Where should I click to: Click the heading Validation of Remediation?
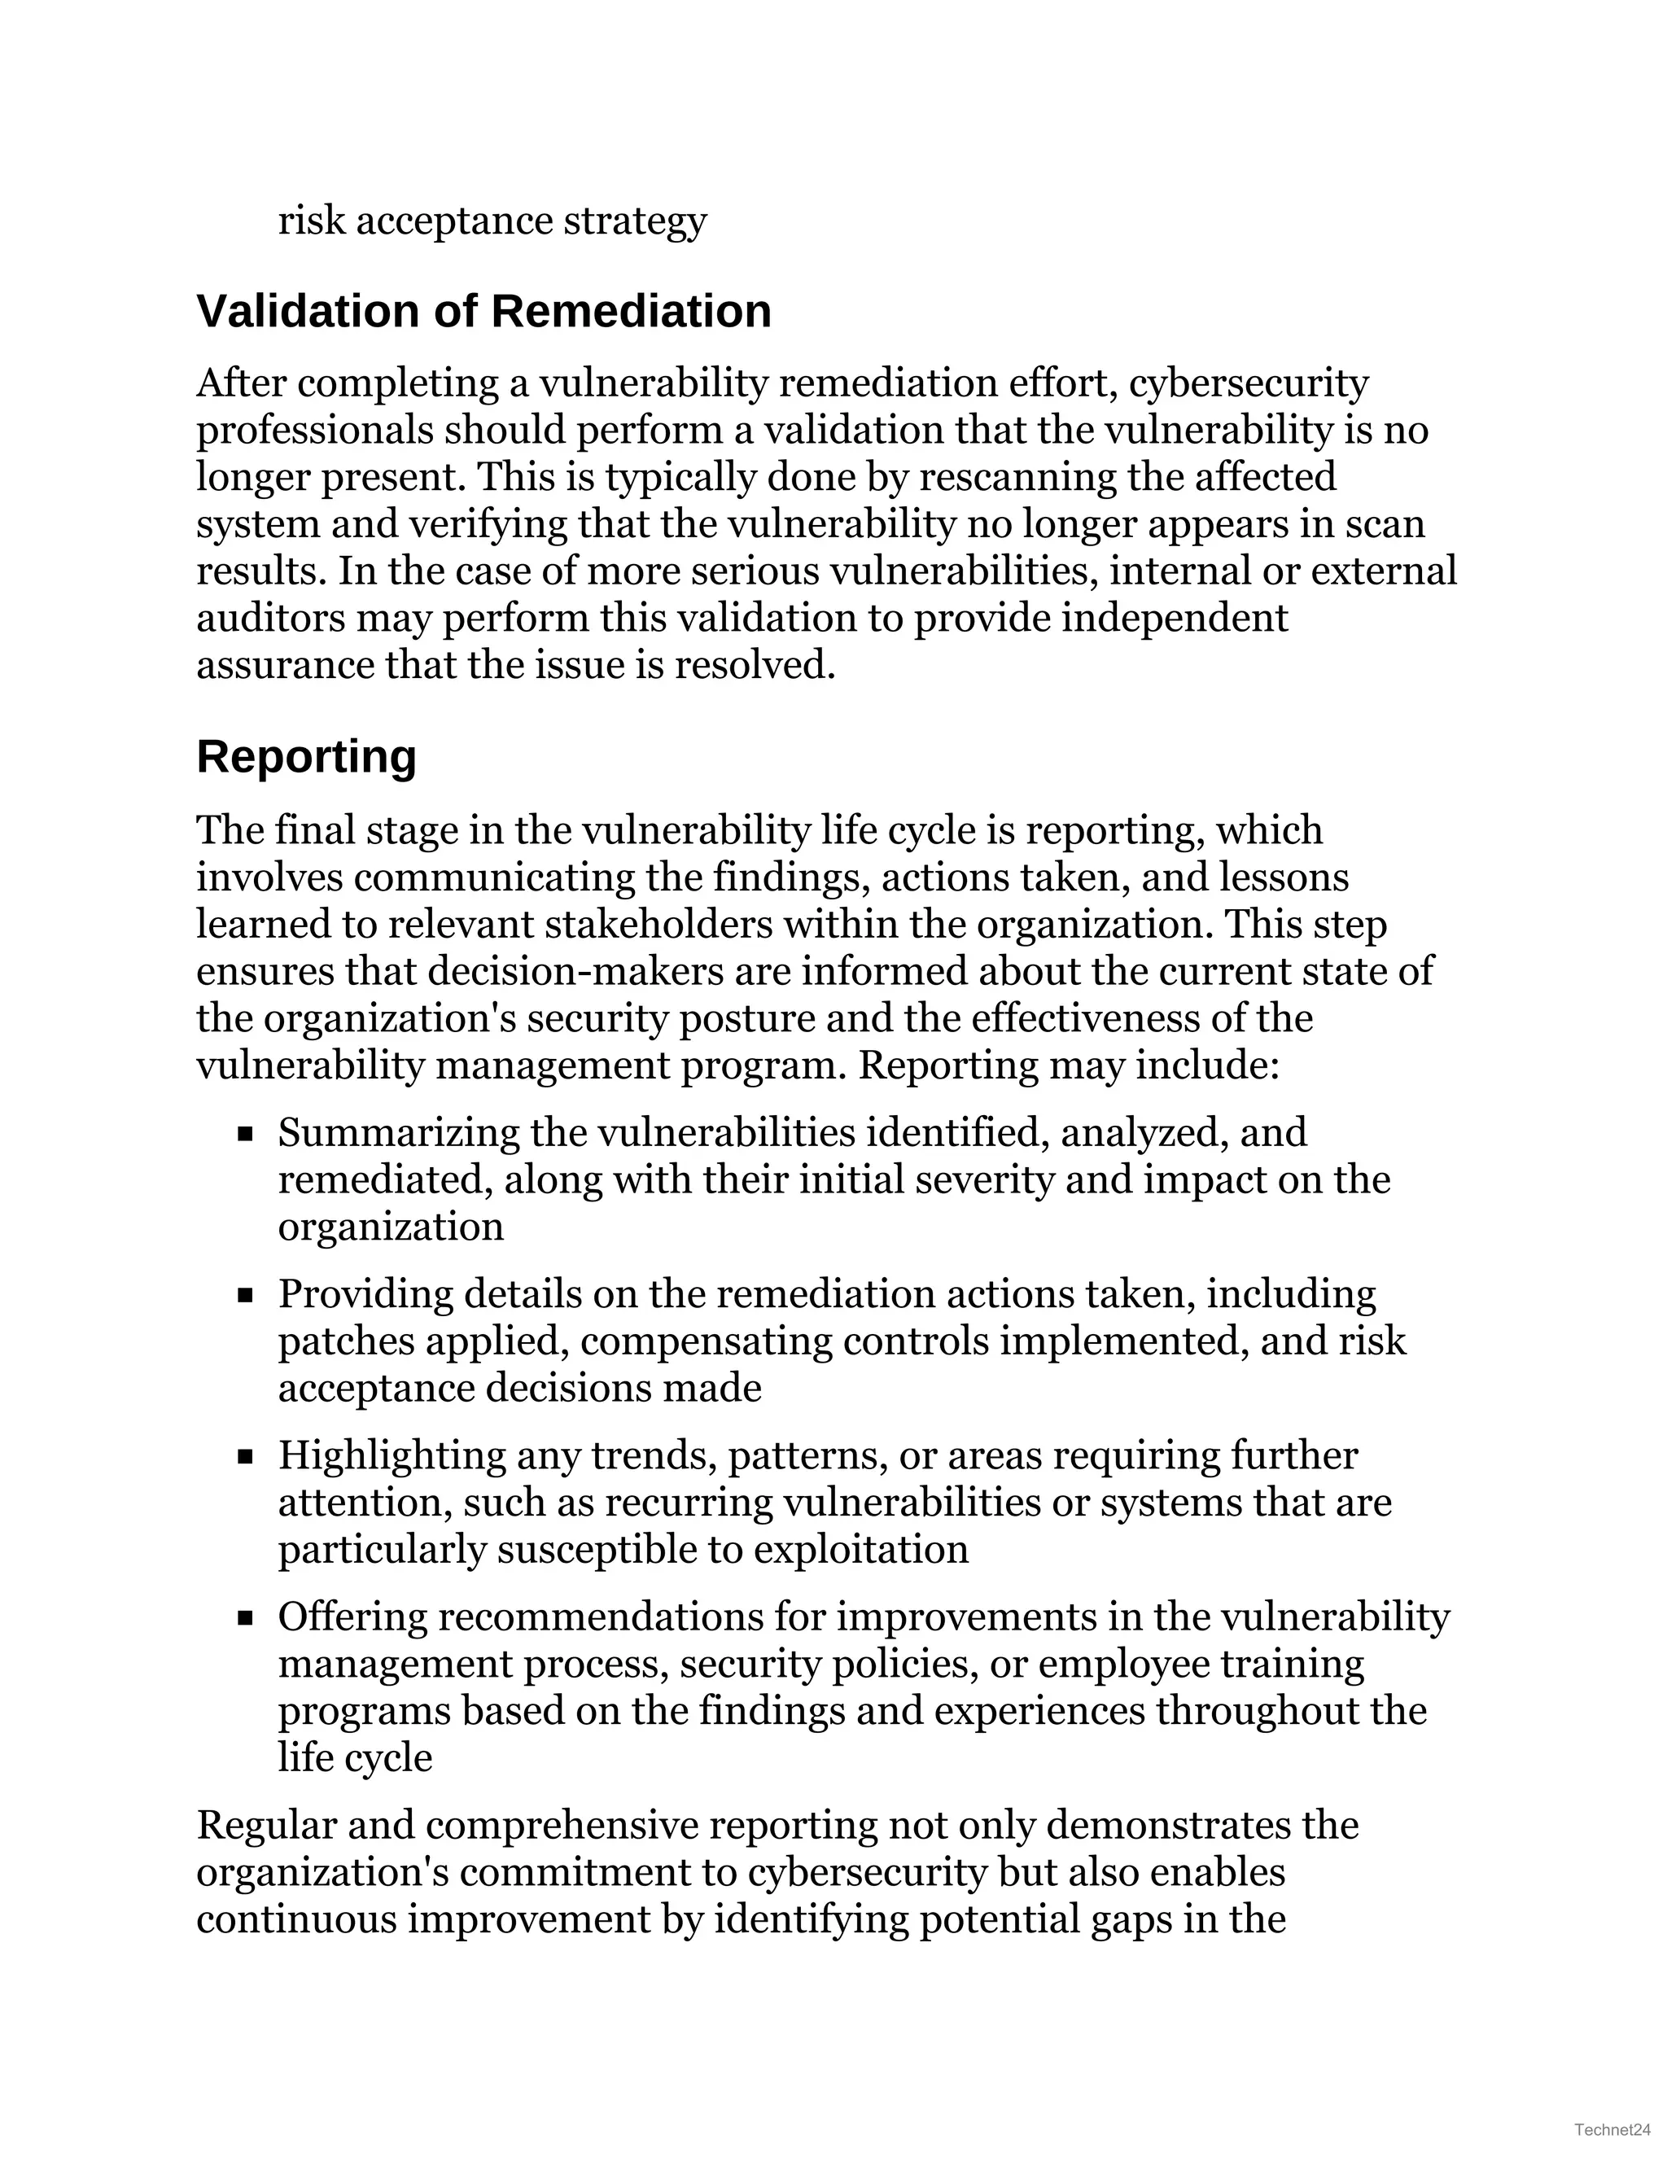tap(484, 311)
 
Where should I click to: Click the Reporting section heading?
tap(306, 758)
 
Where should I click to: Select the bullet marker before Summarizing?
tap(246, 1135)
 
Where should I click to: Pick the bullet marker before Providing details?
tap(246, 1296)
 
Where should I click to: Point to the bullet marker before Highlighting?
tap(246, 1457)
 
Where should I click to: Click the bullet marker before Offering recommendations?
tap(246, 1619)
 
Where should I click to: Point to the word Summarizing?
tap(398, 1133)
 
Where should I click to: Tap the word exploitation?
tap(861, 1550)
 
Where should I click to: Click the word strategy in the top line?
tap(635, 221)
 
